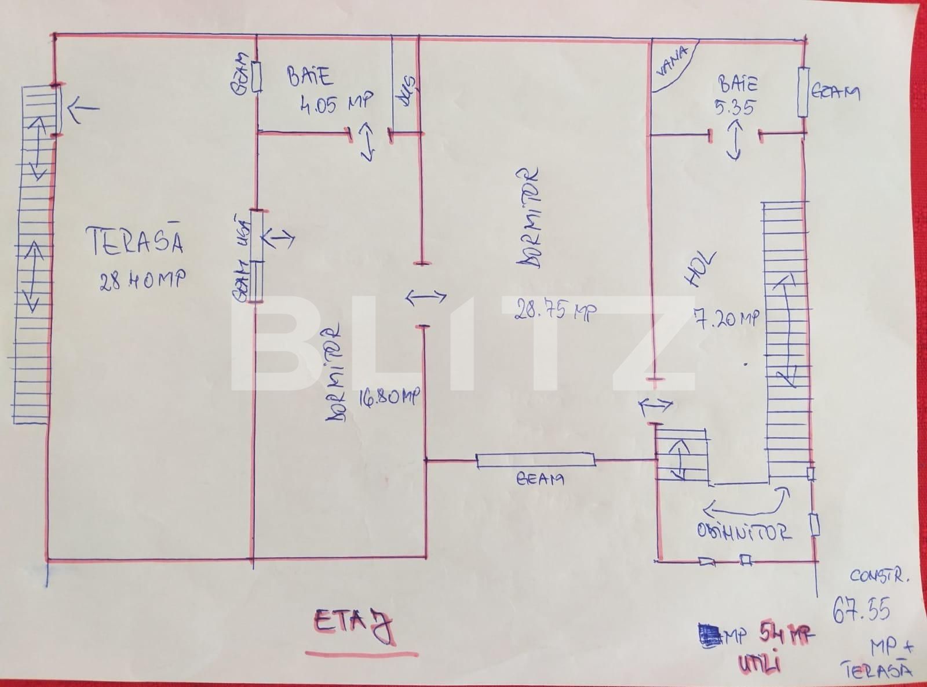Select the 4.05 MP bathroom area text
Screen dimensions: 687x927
click(x=336, y=103)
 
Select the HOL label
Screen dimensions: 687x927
click(x=702, y=270)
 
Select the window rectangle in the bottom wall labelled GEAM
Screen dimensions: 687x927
click(x=535, y=461)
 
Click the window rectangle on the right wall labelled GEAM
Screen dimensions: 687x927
click(x=804, y=92)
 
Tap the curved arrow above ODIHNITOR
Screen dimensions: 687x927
click(x=745, y=504)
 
